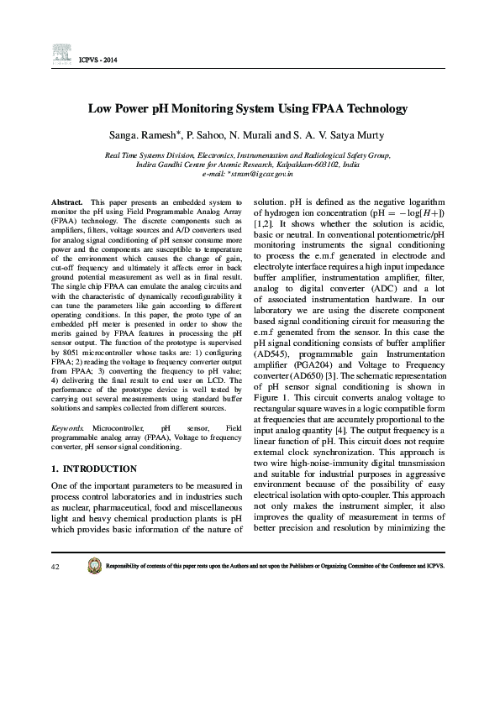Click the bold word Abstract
click(x=66, y=202)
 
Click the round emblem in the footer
click(x=93, y=566)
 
